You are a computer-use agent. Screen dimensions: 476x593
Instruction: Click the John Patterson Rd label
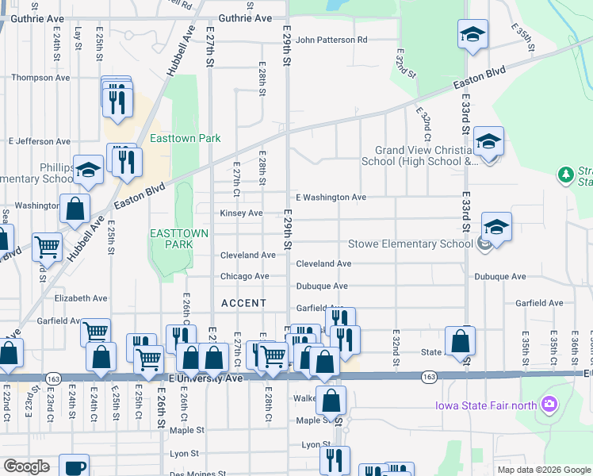coord(331,40)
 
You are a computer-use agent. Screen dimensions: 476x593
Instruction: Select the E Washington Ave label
coord(331,197)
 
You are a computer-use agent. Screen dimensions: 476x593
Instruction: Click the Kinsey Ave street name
coord(241,213)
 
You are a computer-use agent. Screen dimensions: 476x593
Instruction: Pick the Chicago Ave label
coord(245,276)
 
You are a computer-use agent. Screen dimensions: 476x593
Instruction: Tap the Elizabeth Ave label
coord(80,298)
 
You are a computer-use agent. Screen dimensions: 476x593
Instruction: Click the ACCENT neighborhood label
coord(243,304)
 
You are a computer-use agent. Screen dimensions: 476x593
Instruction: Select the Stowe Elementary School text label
coord(411,244)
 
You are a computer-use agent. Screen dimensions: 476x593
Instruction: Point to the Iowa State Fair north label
coord(484,406)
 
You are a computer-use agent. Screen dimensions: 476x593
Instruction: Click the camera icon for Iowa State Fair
coord(549,406)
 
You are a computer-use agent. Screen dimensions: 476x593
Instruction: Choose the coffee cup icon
coord(75,466)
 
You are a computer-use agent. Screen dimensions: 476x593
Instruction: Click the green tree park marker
coord(565,174)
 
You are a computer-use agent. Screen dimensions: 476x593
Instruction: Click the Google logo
coord(26,466)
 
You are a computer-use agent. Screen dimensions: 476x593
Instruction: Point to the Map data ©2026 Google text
coord(543,470)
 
